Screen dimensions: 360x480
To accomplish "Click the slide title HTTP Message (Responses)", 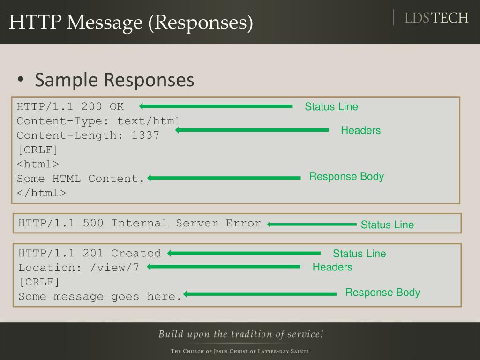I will coord(131,23).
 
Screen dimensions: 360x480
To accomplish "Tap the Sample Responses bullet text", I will coord(114,80).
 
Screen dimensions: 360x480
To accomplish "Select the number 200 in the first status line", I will coord(91,106).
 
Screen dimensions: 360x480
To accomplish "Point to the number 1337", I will coord(145,135).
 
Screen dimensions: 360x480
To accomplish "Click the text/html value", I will coord(149,121).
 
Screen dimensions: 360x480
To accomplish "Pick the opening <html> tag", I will coord(38,164).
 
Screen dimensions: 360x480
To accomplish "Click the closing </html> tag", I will coord(42,193).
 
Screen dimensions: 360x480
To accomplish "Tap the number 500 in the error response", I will coord(93,223).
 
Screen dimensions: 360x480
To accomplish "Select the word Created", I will coord(136,253).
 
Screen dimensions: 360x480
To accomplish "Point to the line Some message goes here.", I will coord(100,296).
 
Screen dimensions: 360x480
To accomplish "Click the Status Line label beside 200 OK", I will coord(331,107).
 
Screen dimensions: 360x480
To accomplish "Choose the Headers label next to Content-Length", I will coord(360,130).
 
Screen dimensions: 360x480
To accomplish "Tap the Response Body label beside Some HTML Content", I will coord(346,177).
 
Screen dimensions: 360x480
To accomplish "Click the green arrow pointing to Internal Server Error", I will coord(312,225).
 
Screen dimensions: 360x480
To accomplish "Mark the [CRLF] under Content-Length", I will coord(37,150).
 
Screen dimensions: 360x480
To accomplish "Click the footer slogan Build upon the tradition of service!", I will coord(241,334).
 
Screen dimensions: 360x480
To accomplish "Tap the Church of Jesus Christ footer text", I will coord(240,351).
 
